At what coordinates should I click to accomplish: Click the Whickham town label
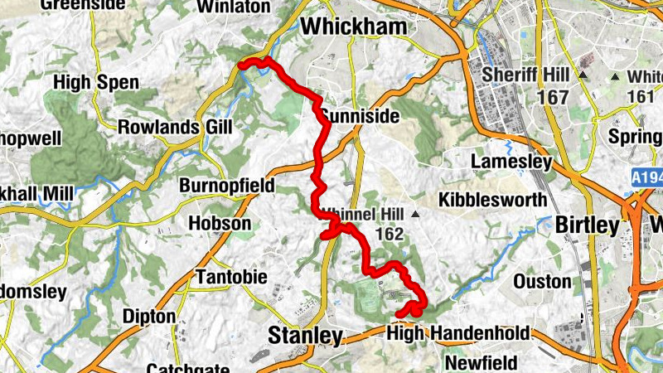tap(354, 27)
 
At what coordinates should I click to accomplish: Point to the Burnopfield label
tap(226, 186)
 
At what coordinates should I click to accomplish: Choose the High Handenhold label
tap(458, 333)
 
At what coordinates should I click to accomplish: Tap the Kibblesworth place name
tap(492, 200)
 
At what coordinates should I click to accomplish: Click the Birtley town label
tap(587, 225)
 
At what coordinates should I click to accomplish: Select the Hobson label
tap(219, 224)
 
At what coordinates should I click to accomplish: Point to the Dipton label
tap(148, 317)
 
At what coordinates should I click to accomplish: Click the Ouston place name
tap(542, 282)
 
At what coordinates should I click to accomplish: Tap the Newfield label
tap(481, 363)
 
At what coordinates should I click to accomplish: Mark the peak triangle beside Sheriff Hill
tap(583, 75)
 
